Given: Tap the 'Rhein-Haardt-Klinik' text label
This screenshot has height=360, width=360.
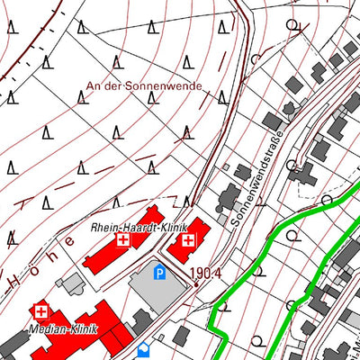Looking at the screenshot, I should pos(138,229).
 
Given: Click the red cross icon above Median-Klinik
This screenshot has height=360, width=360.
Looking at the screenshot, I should pos(40,310).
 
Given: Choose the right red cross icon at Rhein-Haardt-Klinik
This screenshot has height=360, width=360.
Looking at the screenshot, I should pos(188,240).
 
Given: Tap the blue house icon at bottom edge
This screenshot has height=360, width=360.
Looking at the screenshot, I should pos(142,351).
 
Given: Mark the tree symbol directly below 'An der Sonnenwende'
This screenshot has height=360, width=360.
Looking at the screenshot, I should pos(118,135).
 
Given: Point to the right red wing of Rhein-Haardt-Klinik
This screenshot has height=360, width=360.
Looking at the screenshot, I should pos(189,243).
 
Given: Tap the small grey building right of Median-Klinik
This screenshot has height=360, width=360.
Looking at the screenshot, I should pos(142,319).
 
